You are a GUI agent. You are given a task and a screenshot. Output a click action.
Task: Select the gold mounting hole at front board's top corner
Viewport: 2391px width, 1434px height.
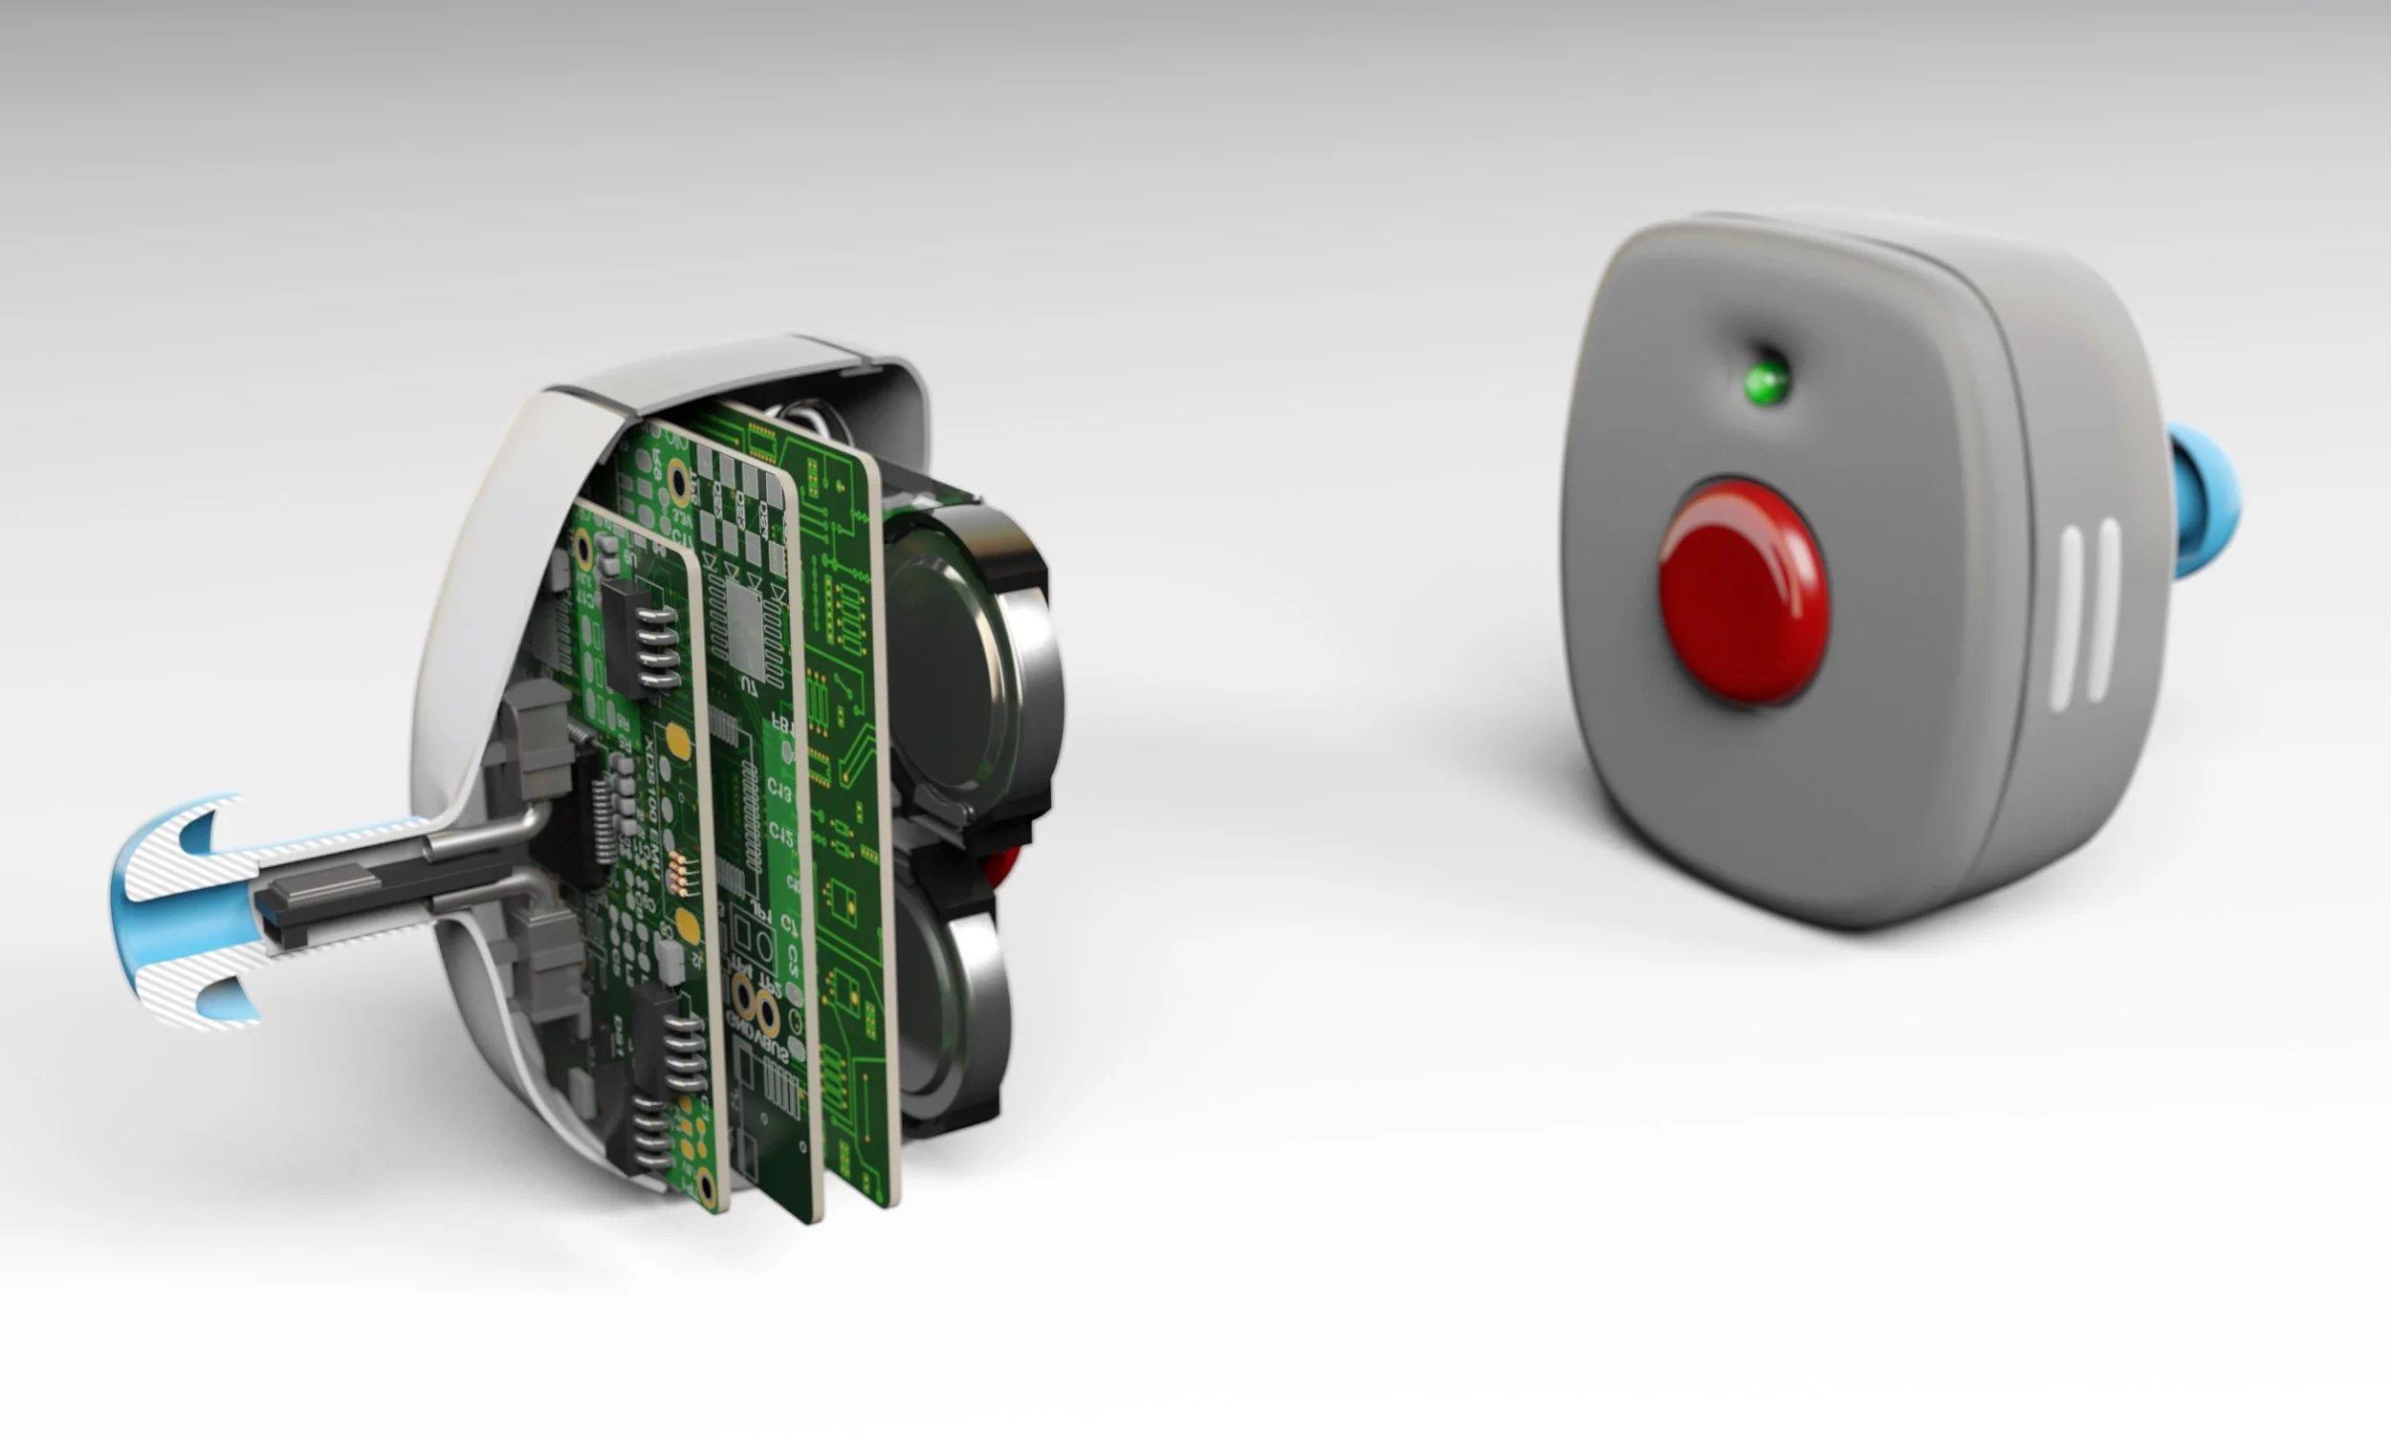(x=582, y=549)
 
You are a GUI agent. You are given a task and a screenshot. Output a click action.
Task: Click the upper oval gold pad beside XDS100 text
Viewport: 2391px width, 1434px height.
(x=680, y=742)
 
